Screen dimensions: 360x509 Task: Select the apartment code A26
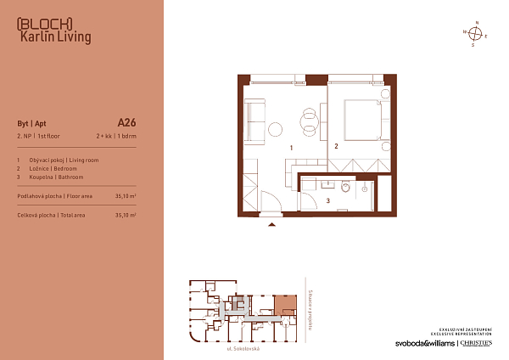(126, 121)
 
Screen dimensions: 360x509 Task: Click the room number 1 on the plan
(290, 148)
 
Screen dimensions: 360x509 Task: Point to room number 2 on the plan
(337, 146)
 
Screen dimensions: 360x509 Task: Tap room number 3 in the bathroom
(327, 200)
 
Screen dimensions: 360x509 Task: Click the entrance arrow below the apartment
(271, 226)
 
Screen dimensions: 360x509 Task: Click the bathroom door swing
(313, 185)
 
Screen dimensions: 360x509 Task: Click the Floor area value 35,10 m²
(126, 195)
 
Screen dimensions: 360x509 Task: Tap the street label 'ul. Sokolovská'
(242, 349)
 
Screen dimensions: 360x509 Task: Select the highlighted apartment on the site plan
(284, 303)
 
